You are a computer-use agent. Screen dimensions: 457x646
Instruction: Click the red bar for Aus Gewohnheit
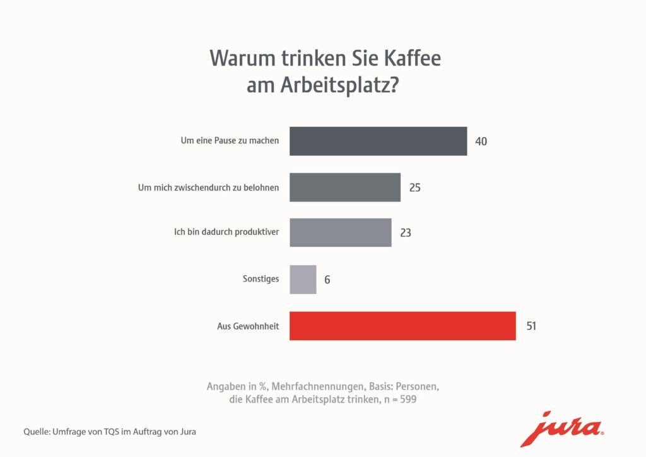tap(402, 326)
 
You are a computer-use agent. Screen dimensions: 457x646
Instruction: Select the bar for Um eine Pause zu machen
tap(378, 141)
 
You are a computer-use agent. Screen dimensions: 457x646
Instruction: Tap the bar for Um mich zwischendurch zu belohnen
tap(345, 187)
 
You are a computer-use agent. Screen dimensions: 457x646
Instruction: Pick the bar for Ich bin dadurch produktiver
tap(340, 232)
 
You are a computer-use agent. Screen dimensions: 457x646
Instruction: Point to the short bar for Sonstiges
tap(303, 279)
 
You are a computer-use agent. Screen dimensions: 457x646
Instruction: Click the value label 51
tap(531, 326)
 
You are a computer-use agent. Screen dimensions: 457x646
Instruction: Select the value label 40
tap(481, 141)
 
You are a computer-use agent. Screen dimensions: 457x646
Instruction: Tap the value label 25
tap(414, 187)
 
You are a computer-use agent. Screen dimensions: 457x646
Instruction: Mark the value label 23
tap(406, 233)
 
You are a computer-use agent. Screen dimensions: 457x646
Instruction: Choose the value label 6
tap(327, 280)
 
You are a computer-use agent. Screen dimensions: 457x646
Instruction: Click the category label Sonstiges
tap(261, 279)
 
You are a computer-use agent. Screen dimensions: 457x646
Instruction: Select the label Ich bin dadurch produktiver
tap(226, 233)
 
